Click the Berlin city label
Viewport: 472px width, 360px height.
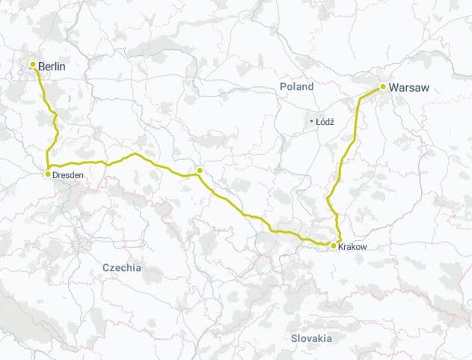point(52,67)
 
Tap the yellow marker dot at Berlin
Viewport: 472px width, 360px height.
point(33,65)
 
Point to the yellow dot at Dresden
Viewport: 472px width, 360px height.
point(48,174)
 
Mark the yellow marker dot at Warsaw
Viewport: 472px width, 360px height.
point(383,87)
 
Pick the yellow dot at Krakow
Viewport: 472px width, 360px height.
point(333,245)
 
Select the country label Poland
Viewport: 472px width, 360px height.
point(297,87)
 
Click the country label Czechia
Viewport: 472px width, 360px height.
point(121,267)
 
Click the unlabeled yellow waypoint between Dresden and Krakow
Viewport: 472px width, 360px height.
point(200,171)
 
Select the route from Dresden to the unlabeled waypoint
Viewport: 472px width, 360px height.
point(135,155)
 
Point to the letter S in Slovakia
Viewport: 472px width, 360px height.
point(294,338)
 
